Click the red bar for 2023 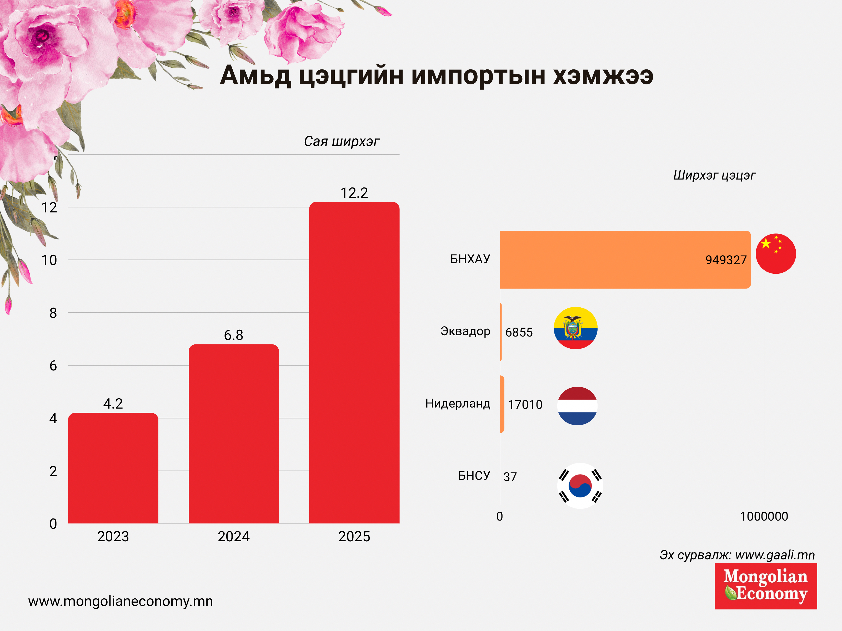click(x=113, y=468)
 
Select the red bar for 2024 click(x=234, y=434)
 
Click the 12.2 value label click(x=354, y=193)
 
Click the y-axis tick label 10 click(x=49, y=260)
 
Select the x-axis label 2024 click(x=233, y=536)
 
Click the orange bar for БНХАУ click(x=624, y=259)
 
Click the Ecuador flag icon click(x=575, y=328)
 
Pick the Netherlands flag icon click(x=577, y=406)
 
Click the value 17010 click(x=525, y=405)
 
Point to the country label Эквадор click(x=465, y=331)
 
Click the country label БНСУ click(x=474, y=475)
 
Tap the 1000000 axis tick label click(x=764, y=516)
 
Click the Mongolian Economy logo click(x=765, y=586)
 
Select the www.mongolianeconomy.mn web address click(x=121, y=601)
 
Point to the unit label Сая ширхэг click(x=342, y=141)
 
